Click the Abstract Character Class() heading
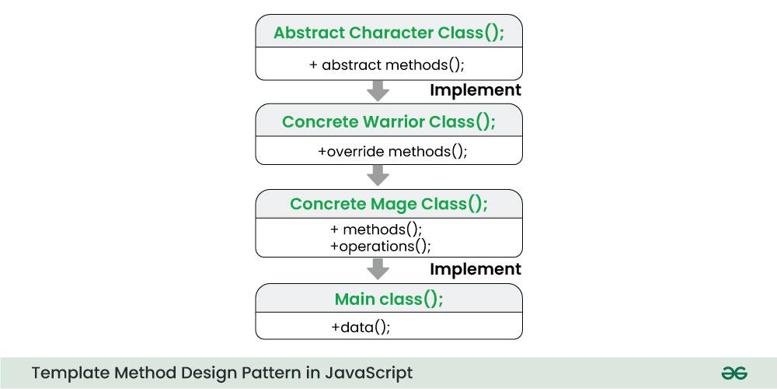click(388, 33)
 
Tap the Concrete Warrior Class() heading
click(388, 122)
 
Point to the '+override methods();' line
click(392, 152)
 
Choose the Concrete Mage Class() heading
click(388, 204)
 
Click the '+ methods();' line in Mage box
click(376, 230)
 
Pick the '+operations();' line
click(380, 246)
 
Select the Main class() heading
click(388, 299)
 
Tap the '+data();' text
click(361, 327)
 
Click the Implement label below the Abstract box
click(476, 90)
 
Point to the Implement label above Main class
click(476, 269)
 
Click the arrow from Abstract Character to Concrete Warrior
click(378, 90)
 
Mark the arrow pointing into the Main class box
click(378, 269)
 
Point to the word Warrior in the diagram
click(392, 122)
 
